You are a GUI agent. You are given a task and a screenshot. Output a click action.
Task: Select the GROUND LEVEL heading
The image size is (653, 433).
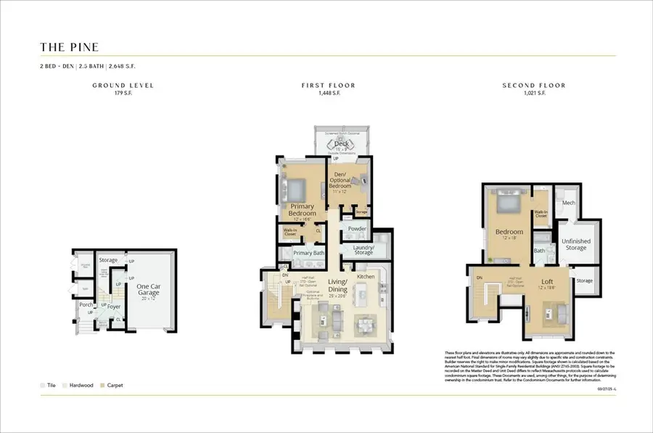(x=123, y=86)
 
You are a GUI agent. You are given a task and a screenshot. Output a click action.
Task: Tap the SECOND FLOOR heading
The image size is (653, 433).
(x=533, y=86)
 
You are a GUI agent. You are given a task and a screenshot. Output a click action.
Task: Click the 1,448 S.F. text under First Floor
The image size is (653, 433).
(x=328, y=94)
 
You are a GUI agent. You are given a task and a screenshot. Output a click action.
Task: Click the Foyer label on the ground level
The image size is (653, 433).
(x=114, y=307)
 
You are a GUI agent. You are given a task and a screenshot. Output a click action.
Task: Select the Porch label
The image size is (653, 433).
(x=86, y=304)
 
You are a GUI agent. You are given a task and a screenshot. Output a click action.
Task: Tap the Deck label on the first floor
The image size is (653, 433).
(x=341, y=144)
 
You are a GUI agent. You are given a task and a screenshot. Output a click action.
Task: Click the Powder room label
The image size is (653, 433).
(x=357, y=229)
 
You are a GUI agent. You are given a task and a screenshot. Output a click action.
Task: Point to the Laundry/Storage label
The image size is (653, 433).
(x=364, y=250)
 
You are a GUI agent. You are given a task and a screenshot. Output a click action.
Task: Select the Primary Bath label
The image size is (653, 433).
(x=308, y=253)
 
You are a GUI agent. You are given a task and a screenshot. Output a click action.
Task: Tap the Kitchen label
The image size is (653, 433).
(x=365, y=277)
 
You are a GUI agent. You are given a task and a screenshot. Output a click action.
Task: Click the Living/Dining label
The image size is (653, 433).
(x=338, y=286)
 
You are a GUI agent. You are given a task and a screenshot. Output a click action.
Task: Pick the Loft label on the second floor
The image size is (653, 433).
(x=548, y=282)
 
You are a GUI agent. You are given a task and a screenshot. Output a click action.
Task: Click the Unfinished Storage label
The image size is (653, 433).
(x=576, y=244)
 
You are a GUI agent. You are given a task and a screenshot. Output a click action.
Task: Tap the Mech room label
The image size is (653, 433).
(x=568, y=203)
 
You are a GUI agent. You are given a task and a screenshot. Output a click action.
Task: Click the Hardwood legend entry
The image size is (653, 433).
(x=80, y=385)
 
